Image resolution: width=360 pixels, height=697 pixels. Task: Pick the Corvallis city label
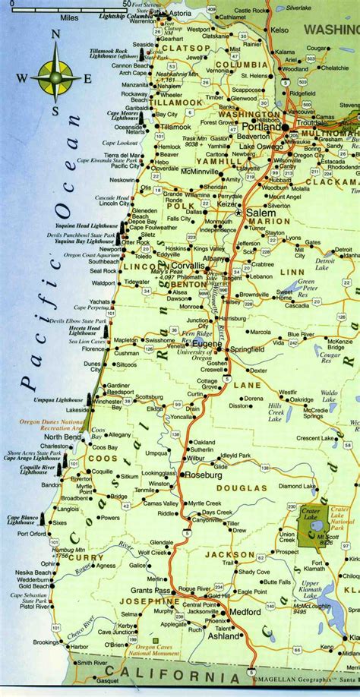(187, 266)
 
